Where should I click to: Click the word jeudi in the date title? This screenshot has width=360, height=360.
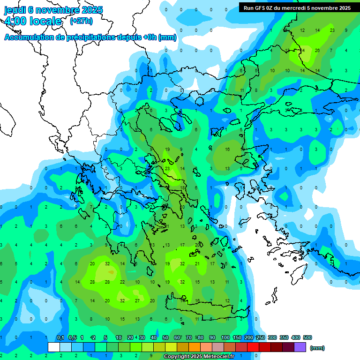point(15,10)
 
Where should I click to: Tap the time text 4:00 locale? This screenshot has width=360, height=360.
point(33,21)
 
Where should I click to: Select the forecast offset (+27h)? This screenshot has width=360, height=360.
point(81,21)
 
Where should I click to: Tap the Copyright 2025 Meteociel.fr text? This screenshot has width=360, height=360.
point(199,357)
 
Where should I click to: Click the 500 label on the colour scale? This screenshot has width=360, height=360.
point(307,337)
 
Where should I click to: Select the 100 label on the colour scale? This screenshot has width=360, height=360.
point(225,337)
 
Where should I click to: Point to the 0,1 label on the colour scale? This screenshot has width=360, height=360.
point(60,337)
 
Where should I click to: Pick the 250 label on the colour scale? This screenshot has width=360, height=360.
point(261,337)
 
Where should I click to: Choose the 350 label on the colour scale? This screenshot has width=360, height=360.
point(284,337)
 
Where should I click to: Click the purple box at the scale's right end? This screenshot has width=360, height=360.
point(300,347)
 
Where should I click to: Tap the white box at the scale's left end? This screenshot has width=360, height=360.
point(54,347)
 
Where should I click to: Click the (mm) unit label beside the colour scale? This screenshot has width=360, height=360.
point(317,348)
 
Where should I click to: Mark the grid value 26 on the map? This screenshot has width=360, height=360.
point(317,50)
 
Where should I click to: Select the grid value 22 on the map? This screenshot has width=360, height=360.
point(122,282)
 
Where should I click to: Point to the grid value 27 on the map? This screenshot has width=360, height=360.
point(137,300)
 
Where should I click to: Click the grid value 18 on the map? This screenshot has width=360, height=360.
point(182,187)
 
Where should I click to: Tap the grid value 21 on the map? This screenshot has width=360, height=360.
point(197,263)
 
